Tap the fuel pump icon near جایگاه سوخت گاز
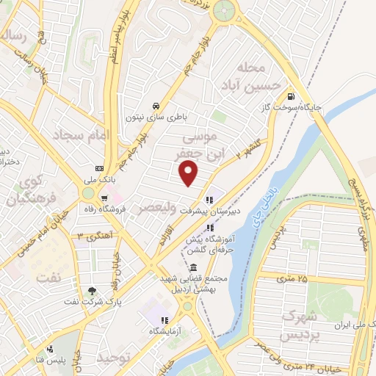click(x=292, y=96)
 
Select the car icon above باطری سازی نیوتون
click(x=155, y=105)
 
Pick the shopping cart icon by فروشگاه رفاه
click(x=106, y=197)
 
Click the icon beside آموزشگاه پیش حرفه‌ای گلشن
click(x=210, y=227)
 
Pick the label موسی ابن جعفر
click(x=197, y=147)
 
